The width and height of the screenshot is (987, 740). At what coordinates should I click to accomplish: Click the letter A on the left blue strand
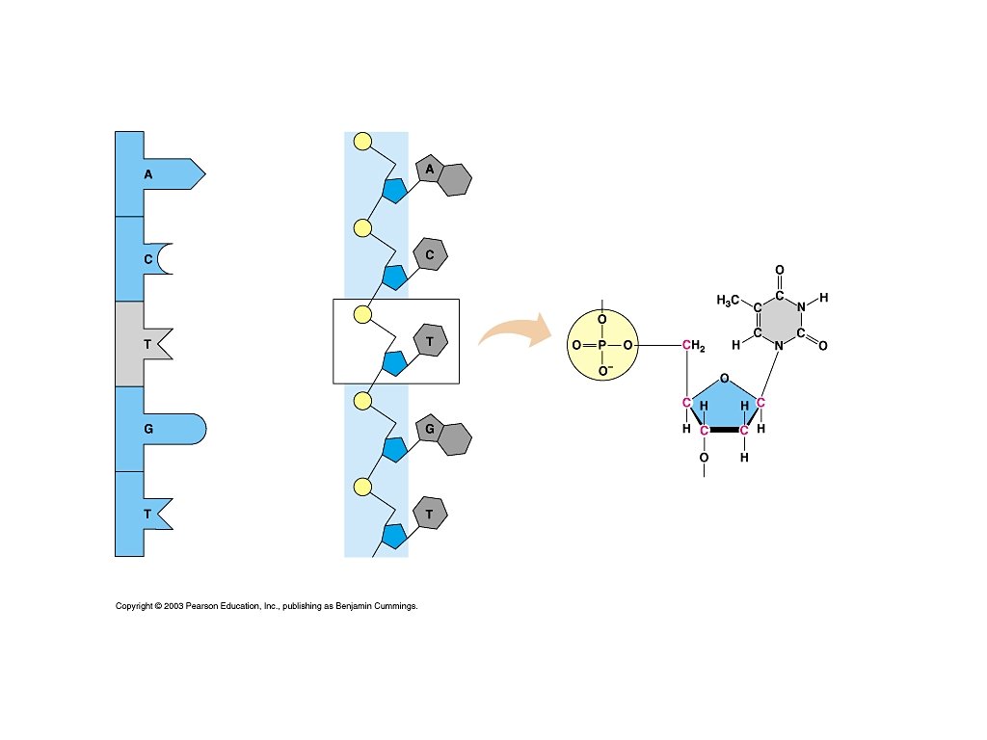coord(147,174)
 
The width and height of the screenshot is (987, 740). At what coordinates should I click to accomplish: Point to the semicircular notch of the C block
coord(165,259)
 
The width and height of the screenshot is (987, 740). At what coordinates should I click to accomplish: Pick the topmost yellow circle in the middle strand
coord(362,143)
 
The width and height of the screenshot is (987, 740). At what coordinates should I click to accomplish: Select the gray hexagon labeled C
coord(430,254)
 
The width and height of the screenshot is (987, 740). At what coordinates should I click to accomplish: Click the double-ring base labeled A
coord(443,175)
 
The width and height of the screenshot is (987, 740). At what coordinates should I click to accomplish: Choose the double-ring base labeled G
coord(443,433)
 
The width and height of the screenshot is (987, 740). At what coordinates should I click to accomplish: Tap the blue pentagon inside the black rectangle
coord(393,363)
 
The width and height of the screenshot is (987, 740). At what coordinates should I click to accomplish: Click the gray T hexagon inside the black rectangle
coord(430,340)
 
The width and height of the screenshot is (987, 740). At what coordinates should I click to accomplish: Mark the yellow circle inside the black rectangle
coord(362,314)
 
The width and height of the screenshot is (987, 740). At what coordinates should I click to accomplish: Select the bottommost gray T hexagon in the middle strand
coord(430,514)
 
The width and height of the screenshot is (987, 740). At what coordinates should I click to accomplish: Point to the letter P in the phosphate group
coord(601,345)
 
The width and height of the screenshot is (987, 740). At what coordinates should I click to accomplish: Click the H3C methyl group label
coord(731,301)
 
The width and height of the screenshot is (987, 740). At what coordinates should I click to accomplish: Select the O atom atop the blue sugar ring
coord(724,379)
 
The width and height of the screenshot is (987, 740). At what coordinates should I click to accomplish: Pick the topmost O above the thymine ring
coord(779,270)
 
